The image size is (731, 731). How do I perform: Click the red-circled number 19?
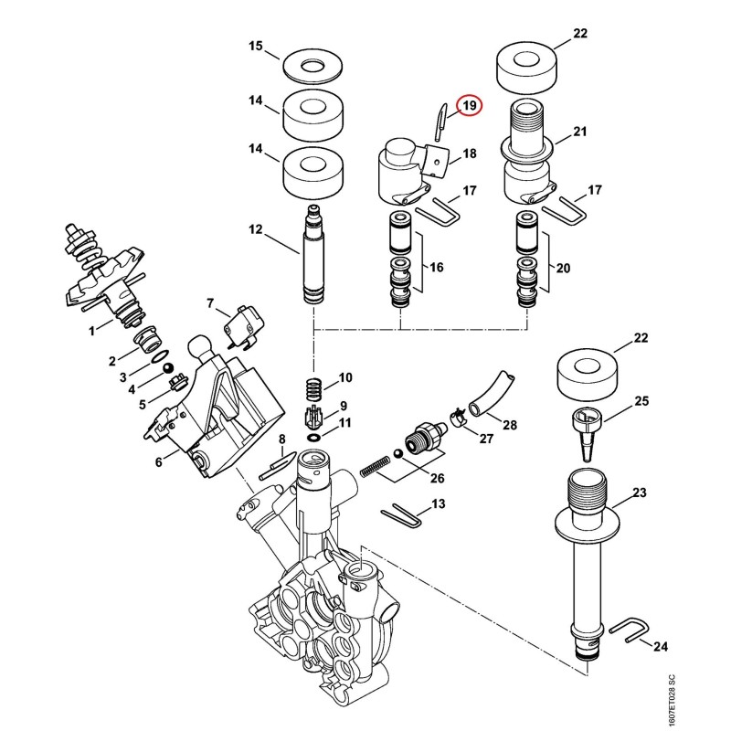click(x=470, y=106)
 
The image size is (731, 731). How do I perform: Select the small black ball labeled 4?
click(x=167, y=369)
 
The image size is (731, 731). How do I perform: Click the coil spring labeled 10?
click(x=313, y=388)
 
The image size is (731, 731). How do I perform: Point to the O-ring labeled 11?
click(x=314, y=438)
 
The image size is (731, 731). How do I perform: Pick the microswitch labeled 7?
click(x=244, y=325)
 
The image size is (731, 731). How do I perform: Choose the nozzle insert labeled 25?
click(x=588, y=433)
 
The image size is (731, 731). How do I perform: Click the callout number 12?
click(x=256, y=229)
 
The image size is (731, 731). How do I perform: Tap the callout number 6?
click(x=158, y=462)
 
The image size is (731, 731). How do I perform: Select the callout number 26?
click(x=438, y=478)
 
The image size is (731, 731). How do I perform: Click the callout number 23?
click(x=639, y=493)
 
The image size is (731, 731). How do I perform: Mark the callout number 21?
click(x=579, y=132)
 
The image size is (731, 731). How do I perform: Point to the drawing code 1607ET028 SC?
click(x=672, y=700)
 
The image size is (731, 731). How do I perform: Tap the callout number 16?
click(x=437, y=267)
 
